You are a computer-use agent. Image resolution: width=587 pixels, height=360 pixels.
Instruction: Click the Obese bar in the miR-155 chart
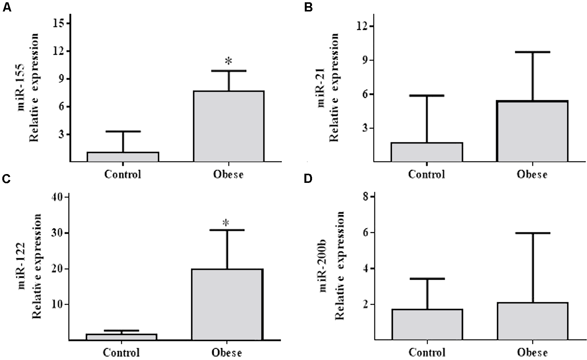pos(228,126)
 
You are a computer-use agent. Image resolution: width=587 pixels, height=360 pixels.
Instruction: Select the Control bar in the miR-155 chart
pos(123,157)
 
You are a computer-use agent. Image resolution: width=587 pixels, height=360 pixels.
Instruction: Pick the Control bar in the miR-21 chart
pos(426,152)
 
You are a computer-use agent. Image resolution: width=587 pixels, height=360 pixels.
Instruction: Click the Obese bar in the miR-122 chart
pos(227,305)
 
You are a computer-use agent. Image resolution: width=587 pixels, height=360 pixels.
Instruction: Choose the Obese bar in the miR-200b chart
pos(532,321)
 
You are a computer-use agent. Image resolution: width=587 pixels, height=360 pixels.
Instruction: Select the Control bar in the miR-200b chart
pos(427,324)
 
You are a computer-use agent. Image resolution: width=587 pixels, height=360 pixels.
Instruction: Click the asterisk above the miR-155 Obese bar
pos(229,61)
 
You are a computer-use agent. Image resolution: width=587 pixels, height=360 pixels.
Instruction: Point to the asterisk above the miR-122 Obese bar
pos(226,223)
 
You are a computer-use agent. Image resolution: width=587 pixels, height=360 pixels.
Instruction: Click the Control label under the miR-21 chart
pos(426,174)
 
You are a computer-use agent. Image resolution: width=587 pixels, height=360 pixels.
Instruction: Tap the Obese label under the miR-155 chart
pos(228,174)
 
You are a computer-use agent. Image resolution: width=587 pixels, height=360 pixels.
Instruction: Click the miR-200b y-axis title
pos(333,266)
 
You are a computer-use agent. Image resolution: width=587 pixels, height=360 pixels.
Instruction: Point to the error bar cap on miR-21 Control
pos(426,95)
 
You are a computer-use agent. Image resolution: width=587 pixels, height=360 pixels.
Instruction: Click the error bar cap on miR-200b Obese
pos(532,233)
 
